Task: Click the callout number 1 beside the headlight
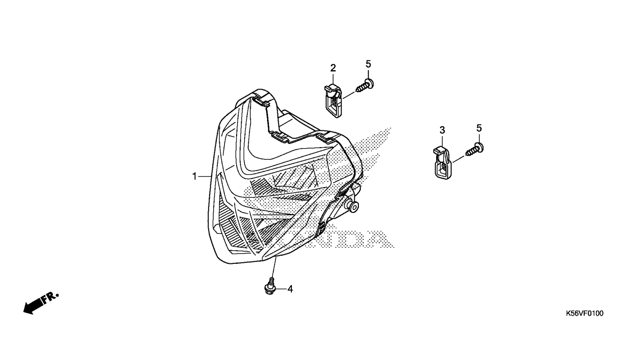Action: (x=194, y=176)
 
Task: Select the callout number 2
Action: (x=333, y=68)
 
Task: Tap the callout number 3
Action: (x=442, y=130)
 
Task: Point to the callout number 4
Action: (x=290, y=289)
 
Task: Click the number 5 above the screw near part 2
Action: (x=368, y=64)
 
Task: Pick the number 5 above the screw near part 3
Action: (x=479, y=128)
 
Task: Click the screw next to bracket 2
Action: (x=365, y=85)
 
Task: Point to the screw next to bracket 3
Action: (x=475, y=149)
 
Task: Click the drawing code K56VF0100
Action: (x=585, y=314)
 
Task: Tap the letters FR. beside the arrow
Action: (x=50, y=298)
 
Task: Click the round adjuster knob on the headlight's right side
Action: (x=353, y=206)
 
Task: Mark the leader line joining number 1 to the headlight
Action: (x=205, y=177)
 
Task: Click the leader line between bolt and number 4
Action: (x=280, y=289)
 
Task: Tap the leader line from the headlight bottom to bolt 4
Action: (x=274, y=267)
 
